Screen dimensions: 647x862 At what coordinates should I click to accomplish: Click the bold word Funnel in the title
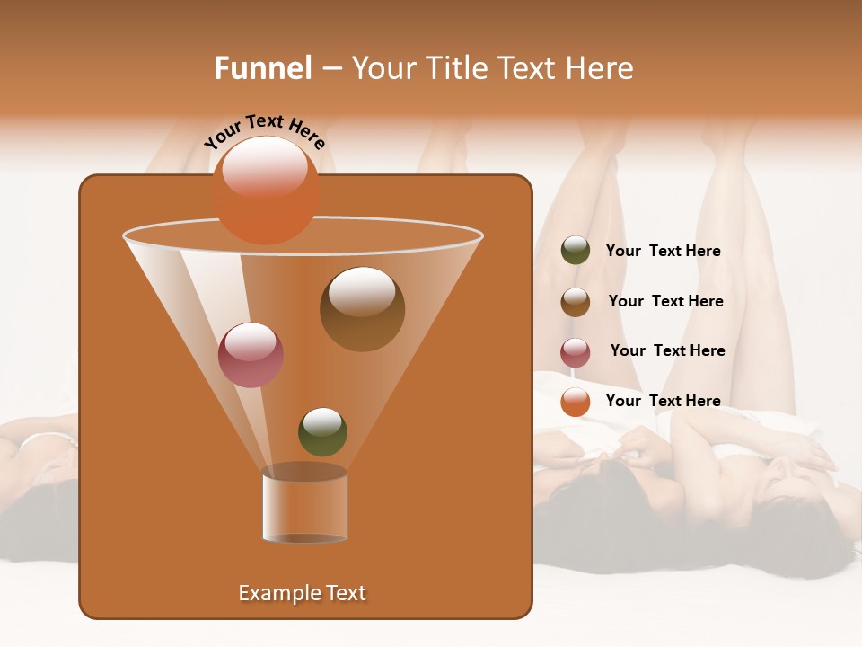click(263, 68)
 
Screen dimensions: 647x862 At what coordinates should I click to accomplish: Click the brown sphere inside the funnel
click(362, 310)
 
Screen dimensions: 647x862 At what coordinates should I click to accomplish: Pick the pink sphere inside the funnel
click(251, 355)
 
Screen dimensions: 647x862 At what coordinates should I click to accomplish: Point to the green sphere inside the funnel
click(322, 432)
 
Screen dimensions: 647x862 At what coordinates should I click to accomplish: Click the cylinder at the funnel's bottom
click(304, 508)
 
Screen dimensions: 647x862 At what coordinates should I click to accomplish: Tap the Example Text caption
click(303, 593)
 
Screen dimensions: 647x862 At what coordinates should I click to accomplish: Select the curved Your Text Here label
click(265, 131)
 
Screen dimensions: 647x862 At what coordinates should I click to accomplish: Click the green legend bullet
click(576, 251)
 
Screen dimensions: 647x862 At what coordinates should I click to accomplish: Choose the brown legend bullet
click(576, 302)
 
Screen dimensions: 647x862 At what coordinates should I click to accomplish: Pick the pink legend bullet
click(576, 352)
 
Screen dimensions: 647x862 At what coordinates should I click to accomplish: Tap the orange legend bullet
click(576, 402)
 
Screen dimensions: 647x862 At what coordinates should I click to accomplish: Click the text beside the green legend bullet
click(663, 252)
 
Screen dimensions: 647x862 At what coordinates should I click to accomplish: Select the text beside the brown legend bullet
click(665, 301)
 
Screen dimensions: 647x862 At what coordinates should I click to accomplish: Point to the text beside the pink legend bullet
click(667, 350)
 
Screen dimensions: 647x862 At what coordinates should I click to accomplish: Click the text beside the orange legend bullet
click(663, 401)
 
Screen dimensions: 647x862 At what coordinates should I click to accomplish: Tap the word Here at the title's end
click(602, 68)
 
